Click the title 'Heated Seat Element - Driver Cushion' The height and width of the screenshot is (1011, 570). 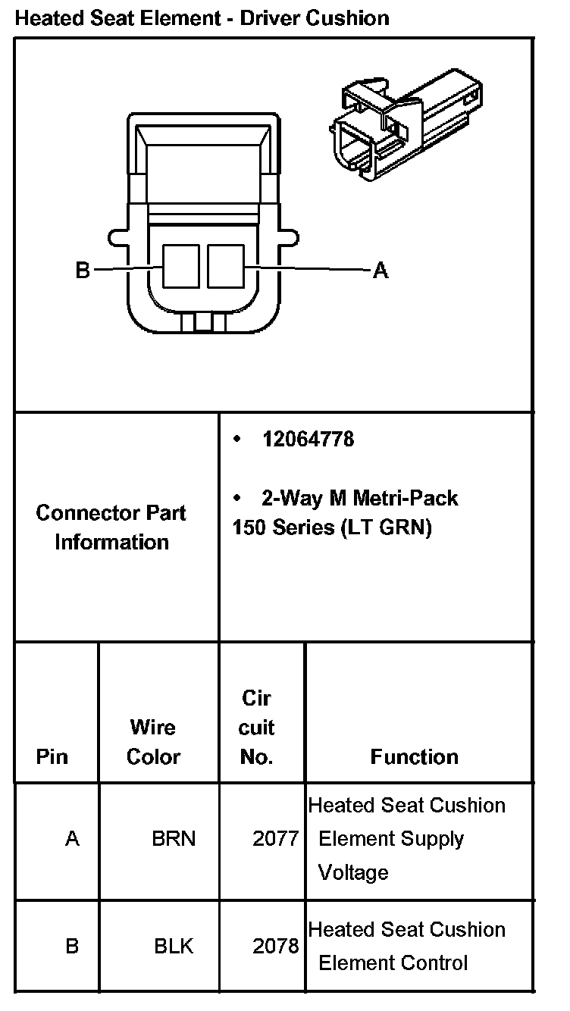[202, 17]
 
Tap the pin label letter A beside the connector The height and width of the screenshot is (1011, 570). [381, 270]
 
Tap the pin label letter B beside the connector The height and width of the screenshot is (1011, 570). [83, 270]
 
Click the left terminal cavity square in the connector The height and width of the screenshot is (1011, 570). [181, 266]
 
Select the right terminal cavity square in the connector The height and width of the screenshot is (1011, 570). [226, 266]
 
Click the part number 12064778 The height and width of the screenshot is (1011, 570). [308, 440]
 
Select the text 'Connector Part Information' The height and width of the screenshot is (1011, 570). [111, 527]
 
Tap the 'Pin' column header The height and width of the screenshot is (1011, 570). [52, 756]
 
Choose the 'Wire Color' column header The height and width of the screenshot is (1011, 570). [153, 742]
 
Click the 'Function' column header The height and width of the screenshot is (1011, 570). [414, 756]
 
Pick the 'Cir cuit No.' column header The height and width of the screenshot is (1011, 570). [256, 728]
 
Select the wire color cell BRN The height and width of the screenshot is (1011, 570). [174, 839]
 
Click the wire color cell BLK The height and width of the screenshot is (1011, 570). [174, 946]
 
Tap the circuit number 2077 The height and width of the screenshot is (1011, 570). [275, 839]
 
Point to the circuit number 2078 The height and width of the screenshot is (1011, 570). [275, 946]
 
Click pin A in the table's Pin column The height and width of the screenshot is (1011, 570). [72, 839]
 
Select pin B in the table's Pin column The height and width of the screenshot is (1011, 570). [72, 946]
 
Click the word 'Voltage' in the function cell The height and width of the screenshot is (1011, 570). [353, 872]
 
